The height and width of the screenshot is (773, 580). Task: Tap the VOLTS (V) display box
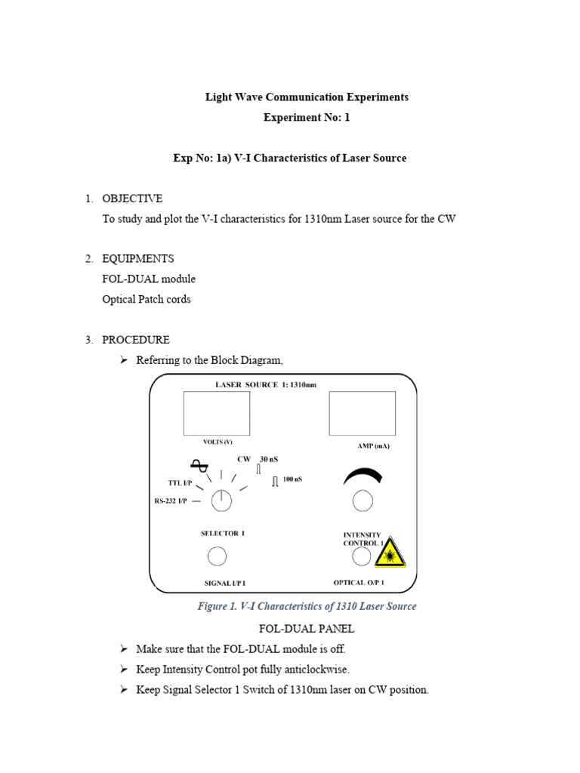[x=217, y=413]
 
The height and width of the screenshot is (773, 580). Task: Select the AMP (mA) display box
[x=362, y=413]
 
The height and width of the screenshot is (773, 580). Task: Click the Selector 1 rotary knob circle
[x=221, y=499]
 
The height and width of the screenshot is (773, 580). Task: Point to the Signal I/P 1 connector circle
[x=217, y=556]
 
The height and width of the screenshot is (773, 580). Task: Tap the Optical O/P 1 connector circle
[x=362, y=556]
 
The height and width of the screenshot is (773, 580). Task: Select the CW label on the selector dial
[x=244, y=459]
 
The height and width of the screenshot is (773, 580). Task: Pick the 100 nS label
[x=292, y=479]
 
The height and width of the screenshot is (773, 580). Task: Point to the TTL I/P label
[x=180, y=482]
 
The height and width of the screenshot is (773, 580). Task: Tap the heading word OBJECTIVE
[x=132, y=199]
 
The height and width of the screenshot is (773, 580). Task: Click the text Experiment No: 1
[x=307, y=118]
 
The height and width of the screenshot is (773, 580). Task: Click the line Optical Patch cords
[x=147, y=299]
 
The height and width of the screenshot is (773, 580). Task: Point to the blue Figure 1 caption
[x=307, y=606]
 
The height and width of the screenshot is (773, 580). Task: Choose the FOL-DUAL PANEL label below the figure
[x=307, y=628]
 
